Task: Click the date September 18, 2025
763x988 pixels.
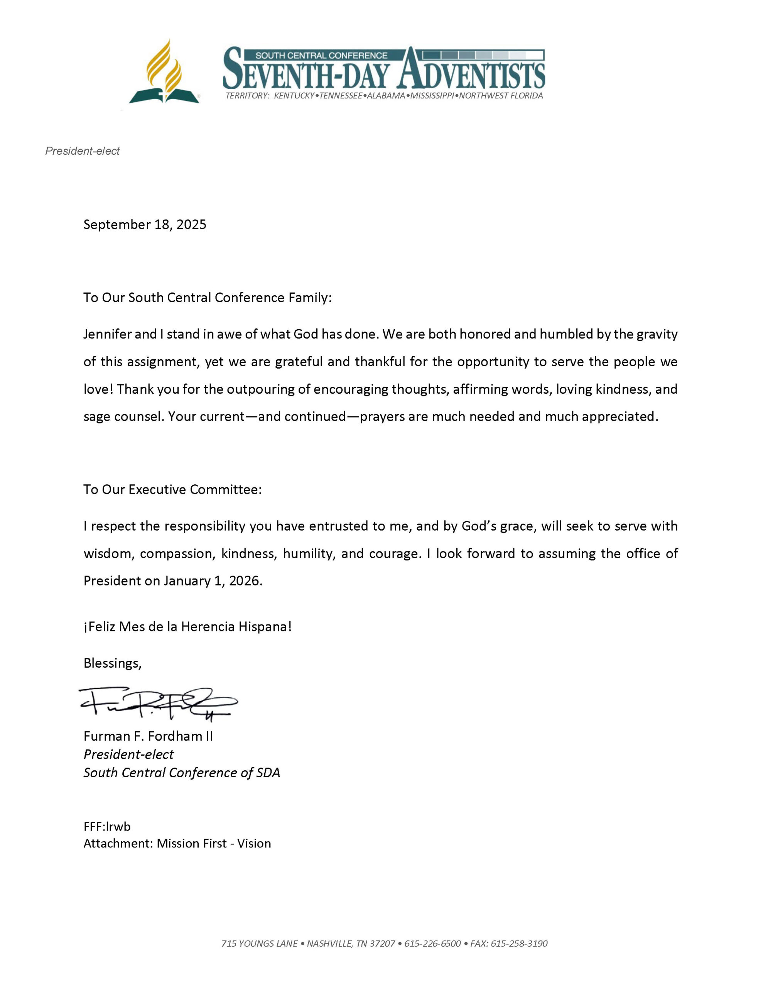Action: coord(145,224)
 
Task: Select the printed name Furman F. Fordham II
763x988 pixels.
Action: coord(148,736)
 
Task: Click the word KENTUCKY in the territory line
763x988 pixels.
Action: coord(294,96)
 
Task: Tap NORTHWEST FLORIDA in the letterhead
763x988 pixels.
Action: coord(501,96)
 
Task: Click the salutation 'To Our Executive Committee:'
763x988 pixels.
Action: coord(172,489)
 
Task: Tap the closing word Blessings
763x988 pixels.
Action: coord(112,663)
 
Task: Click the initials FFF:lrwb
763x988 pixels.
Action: coord(107,827)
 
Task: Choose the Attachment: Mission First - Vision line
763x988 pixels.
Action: coord(177,843)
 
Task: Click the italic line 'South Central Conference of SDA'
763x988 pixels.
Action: coord(181,772)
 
